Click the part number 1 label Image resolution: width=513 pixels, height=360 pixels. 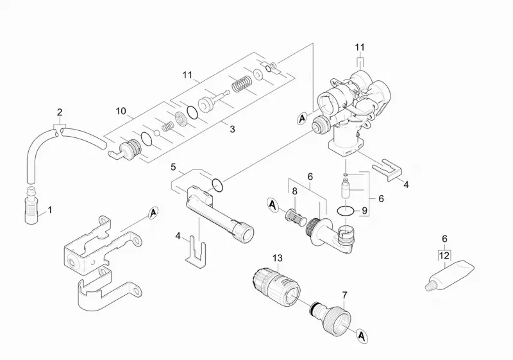pyautogui.click(x=50, y=210)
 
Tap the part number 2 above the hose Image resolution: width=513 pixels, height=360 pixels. pyautogui.click(x=59, y=112)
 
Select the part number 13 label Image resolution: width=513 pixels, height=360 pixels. pyautogui.click(x=278, y=258)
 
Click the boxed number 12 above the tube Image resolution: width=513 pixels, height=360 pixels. pyautogui.click(x=444, y=255)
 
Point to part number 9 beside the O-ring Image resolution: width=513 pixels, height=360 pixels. pyautogui.click(x=364, y=210)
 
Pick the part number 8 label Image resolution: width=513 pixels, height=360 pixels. pyautogui.click(x=294, y=191)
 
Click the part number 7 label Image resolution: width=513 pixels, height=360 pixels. pyautogui.click(x=344, y=295)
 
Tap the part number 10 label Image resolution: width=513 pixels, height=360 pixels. pyautogui.click(x=121, y=111)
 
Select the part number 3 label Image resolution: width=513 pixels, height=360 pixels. pyautogui.click(x=232, y=129)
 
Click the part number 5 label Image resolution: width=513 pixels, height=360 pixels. pyautogui.click(x=173, y=167)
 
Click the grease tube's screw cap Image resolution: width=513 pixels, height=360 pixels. pyautogui.click(x=429, y=287)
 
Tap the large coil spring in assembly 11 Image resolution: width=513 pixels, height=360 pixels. pyautogui.click(x=242, y=85)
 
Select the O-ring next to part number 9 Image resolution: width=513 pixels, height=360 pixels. pyautogui.click(x=346, y=210)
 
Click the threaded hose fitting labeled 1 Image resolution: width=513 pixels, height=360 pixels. pyautogui.click(x=32, y=205)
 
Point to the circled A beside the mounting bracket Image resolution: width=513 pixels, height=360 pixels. pyautogui.click(x=153, y=214)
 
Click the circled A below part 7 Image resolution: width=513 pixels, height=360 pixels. pyautogui.click(x=361, y=336)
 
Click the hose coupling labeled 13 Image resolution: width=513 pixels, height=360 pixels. pyautogui.click(x=277, y=284)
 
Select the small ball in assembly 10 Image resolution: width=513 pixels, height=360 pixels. pyautogui.click(x=156, y=133)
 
